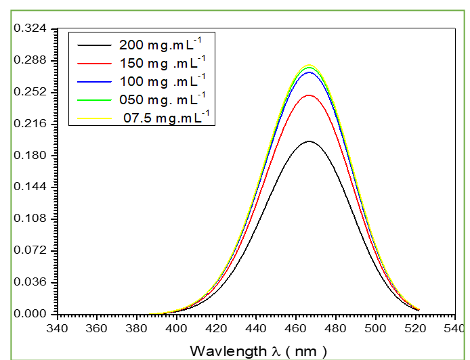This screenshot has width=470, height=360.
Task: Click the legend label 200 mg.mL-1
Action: coord(160,46)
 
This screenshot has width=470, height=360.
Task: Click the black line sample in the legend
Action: coord(93,46)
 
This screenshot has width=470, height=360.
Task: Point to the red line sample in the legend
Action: coord(93,64)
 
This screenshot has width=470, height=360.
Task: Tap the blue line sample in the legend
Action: coord(93,82)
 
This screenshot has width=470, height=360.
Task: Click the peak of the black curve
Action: coord(309,141)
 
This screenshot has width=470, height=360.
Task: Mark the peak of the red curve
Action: coord(309,95)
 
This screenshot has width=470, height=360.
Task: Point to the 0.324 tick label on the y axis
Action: coord(31,29)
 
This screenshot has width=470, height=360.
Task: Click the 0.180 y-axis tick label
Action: coord(31,156)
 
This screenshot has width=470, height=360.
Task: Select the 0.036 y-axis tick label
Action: coord(31,282)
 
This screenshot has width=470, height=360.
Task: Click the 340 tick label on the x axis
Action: coord(58,328)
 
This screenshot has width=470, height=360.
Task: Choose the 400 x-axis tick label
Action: coord(177,328)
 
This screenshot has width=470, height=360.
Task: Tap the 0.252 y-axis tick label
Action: coord(31,92)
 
